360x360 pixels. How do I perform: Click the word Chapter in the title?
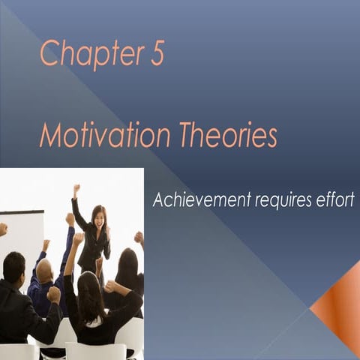(88, 55)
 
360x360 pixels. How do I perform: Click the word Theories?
(228, 136)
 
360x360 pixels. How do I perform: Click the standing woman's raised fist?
(76, 189)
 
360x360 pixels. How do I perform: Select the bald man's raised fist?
(70, 219)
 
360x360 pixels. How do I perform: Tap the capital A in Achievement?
(158, 200)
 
